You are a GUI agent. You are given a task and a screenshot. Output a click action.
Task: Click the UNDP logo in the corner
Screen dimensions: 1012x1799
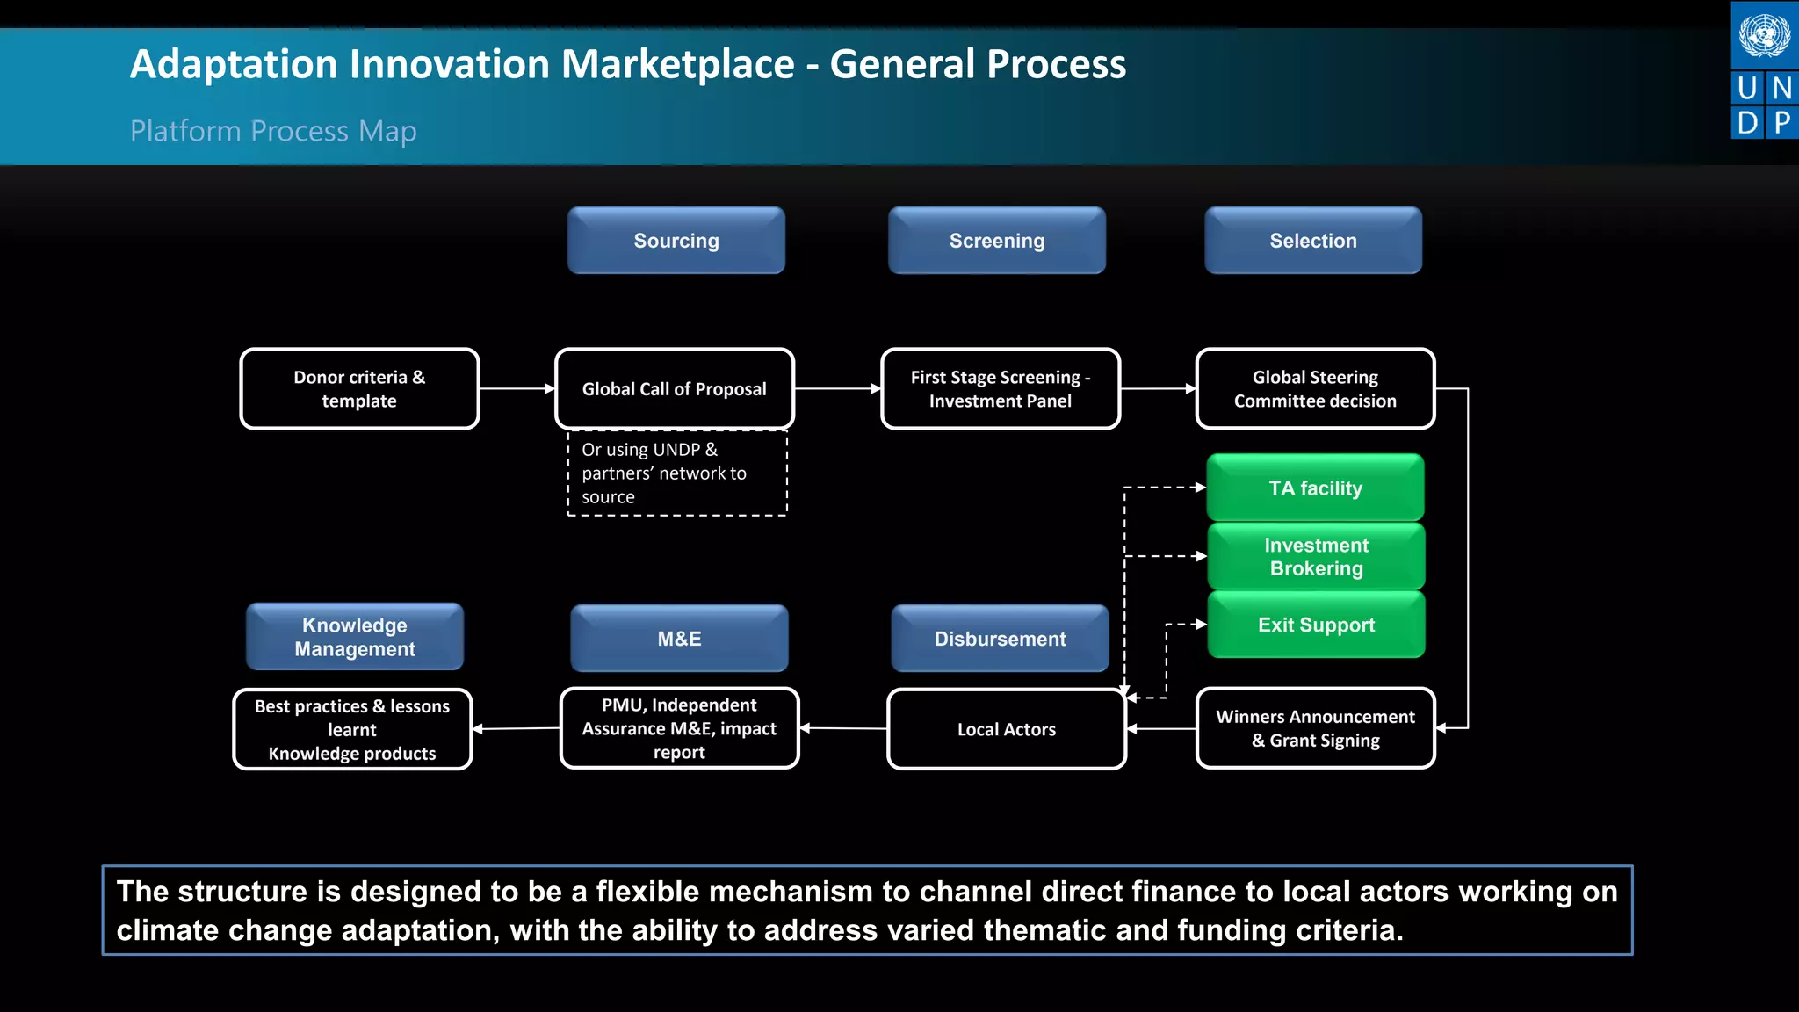(x=1764, y=70)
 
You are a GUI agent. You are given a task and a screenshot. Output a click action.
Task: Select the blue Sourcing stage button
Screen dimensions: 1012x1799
(x=676, y=241)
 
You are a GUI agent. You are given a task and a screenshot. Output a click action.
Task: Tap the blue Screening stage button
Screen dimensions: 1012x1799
(x=996, y=241)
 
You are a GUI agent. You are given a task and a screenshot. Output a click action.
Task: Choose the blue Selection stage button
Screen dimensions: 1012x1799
(x=1312, y=241)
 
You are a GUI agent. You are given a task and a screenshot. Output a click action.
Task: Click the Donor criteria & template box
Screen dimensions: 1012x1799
(x=359, y=389)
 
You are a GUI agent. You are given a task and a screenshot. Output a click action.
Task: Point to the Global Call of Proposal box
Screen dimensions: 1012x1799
(x=674, y=389)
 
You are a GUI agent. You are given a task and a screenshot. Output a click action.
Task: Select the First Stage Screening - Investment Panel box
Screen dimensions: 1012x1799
(x=1000, y=389)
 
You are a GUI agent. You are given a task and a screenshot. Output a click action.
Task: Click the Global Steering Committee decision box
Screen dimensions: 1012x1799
(x=1314, y=389)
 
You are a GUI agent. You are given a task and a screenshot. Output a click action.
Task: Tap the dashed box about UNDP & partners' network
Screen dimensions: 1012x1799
(x=676, y=473)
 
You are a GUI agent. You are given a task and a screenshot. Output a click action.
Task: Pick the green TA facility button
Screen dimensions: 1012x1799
(x=1315, y=488)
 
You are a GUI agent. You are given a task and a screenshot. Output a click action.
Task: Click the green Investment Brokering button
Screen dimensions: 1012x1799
(x=1316, y=557)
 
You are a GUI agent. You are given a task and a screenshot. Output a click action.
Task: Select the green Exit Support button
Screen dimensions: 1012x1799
(x=1316, y=625)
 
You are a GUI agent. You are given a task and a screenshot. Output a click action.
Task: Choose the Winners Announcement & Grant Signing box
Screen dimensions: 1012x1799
(x=1315, y=728)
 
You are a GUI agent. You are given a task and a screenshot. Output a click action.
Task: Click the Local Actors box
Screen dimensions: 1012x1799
(x=1006, y=729)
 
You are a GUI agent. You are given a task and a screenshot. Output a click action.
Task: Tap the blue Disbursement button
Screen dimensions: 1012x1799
(x=1000, y=639)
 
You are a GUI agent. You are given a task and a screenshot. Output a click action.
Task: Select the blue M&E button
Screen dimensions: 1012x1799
(x=679, y=639)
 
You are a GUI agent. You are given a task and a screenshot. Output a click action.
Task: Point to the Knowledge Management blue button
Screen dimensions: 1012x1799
(x=355, y=637)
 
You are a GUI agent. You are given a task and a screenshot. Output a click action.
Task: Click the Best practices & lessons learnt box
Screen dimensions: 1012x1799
(x=352, y=729)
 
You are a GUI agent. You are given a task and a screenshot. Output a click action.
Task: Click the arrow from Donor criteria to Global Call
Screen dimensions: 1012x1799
(x=517, y=388)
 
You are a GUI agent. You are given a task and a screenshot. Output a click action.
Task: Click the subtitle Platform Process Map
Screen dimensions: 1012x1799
(x=273, y=131)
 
